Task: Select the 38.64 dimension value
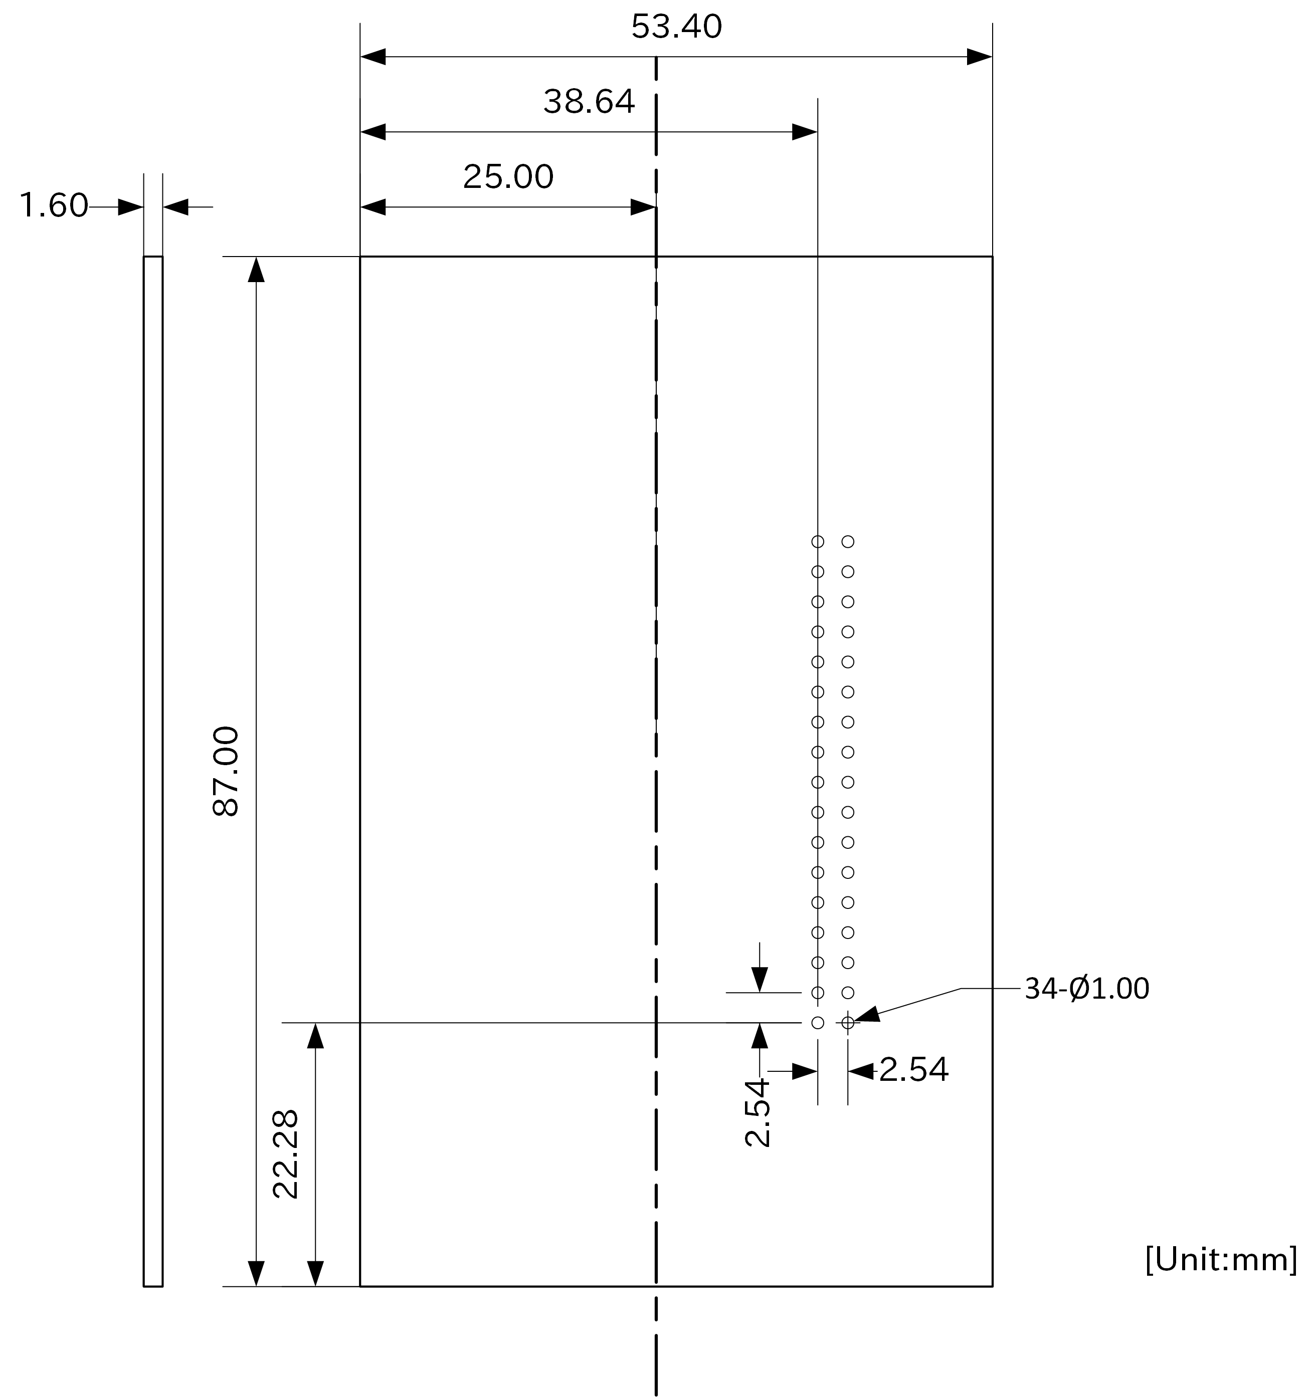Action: [589, 102]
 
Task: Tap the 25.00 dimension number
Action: [508, 177]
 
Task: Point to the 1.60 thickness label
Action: [54, 206]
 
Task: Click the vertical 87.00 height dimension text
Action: [227, 771]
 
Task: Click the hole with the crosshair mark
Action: [848, 1023]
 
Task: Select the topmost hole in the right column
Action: [848, 541]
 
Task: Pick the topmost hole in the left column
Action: [818, 541]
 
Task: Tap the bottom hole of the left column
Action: [818, 1023]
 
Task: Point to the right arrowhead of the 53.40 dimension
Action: [979, 57]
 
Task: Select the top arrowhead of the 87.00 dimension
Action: [257, 270]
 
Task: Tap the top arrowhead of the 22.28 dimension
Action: [316, 1036]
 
